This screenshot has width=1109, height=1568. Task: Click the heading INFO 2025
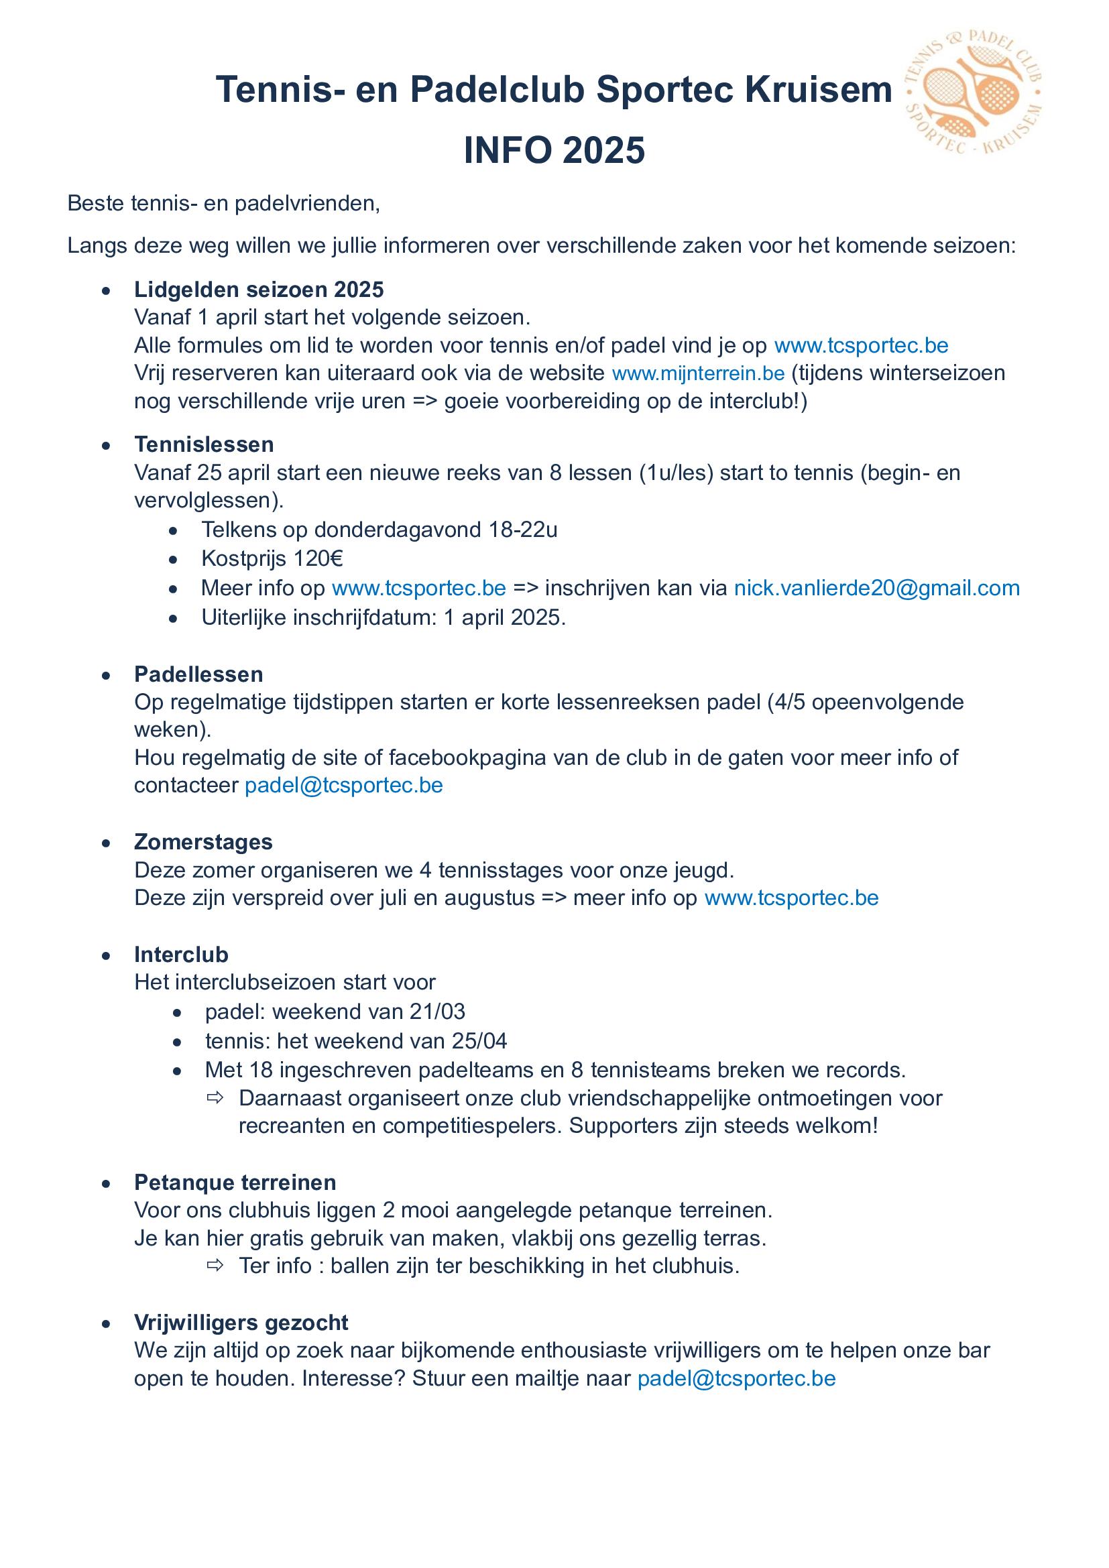tap(554, 150)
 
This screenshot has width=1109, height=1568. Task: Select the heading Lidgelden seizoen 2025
tap(259, 290)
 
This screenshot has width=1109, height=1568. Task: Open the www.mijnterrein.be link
tap(698, 373)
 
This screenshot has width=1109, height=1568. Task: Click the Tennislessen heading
tap(204, 444)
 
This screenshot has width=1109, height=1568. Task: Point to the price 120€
tap(318, 558)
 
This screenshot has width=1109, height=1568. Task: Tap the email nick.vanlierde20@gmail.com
tap(876, 588)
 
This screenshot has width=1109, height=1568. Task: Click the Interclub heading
tap(181, 954)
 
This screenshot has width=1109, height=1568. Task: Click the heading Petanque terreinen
tap(235, 1182)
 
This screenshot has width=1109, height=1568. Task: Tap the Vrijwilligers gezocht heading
tap(241, 1322)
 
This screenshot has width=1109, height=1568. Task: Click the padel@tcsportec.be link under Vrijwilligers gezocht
tap(736, 1378)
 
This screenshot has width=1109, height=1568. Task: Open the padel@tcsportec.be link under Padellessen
tap(343, 786)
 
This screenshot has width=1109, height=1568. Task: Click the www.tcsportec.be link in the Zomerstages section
tap(791, 898)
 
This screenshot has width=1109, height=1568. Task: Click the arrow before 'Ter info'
tap(215, 1266)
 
